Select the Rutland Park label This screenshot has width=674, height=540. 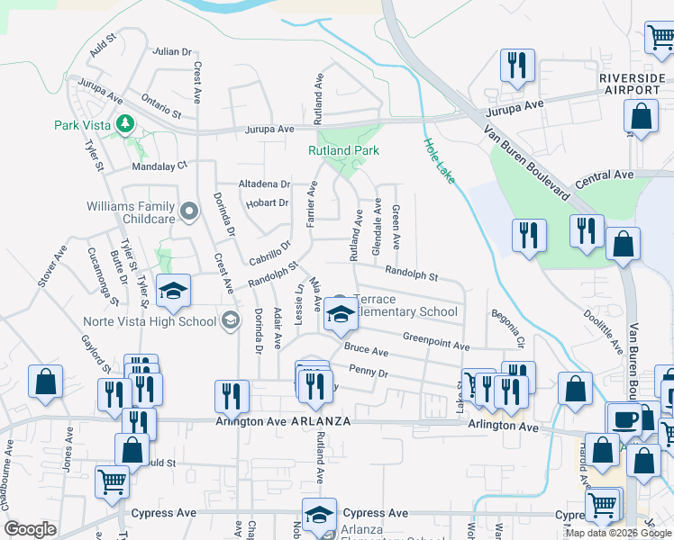pos(343,151)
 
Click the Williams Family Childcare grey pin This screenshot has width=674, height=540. pos(188,212)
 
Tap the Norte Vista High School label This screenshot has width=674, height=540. pos(149,321)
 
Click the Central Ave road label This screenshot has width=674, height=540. pos(605,174)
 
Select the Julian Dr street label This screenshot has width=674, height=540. pos(171,51)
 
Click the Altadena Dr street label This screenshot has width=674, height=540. pos(264,184)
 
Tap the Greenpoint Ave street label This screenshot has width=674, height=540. pos(436,340)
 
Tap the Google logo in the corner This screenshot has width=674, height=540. pos(29,529)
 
